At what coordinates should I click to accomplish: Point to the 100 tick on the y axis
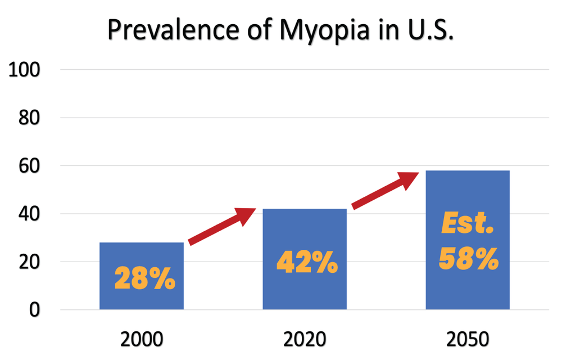[24, 70]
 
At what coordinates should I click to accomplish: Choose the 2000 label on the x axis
[142, 340]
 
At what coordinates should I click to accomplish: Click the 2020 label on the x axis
[305, 340]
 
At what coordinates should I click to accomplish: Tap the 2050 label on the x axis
[468, 340]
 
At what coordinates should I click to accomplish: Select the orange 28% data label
[144, 278]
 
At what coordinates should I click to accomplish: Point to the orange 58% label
[468, 259]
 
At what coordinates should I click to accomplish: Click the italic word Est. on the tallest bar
[468, 225]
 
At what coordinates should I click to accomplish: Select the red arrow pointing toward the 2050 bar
[385, 190]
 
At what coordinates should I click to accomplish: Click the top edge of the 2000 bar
[142, 243]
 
